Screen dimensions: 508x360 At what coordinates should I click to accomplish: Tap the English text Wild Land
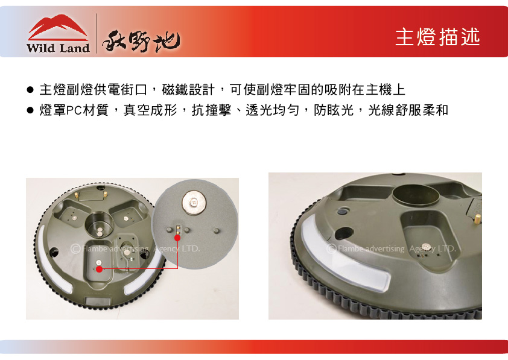point(58,48)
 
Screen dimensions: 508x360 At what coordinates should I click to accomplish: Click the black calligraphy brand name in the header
point(141,42)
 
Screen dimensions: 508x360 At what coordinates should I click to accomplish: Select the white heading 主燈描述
point(437,37)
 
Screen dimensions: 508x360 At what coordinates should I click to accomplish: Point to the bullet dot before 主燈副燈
point(30,90)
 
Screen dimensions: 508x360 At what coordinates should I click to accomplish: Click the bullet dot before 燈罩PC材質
point(30,111)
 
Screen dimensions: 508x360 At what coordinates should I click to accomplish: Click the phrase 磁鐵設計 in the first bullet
point(188,90)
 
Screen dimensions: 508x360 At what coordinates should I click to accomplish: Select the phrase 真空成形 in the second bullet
point(150,110)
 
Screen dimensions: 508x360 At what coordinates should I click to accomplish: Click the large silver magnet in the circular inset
point(194,201)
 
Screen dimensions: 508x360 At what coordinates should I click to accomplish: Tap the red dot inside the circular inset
point(177,238)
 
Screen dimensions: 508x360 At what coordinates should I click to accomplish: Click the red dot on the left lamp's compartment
point(100,269)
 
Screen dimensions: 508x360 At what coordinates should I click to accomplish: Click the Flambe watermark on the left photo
point(135,248)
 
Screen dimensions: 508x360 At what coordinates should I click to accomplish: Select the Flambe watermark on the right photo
point(391,248)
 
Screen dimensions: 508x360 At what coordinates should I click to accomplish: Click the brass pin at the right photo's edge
point(477,219)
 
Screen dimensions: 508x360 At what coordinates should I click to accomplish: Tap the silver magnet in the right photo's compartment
point(426,247)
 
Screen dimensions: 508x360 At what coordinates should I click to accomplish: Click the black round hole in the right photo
point(344,233)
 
